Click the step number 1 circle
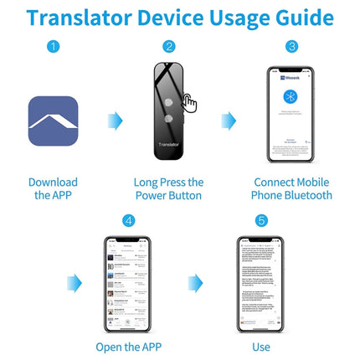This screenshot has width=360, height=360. click(54, 47)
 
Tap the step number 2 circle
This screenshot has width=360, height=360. click(169, 47)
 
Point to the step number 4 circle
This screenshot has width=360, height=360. click(128, 221)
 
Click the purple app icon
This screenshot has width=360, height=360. click(54, 121)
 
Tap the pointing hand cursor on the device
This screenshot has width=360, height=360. click(189, 103)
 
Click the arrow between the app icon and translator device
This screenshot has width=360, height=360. click(114, 121)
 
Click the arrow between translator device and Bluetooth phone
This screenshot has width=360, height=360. click(229, 121)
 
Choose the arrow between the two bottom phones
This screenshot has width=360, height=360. click(195, 282)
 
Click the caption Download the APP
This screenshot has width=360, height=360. click(54, 188)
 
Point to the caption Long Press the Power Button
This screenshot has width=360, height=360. click(168, 188)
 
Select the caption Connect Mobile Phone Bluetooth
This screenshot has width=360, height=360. click(291, 188)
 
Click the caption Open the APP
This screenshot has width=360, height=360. click(128, 346)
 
